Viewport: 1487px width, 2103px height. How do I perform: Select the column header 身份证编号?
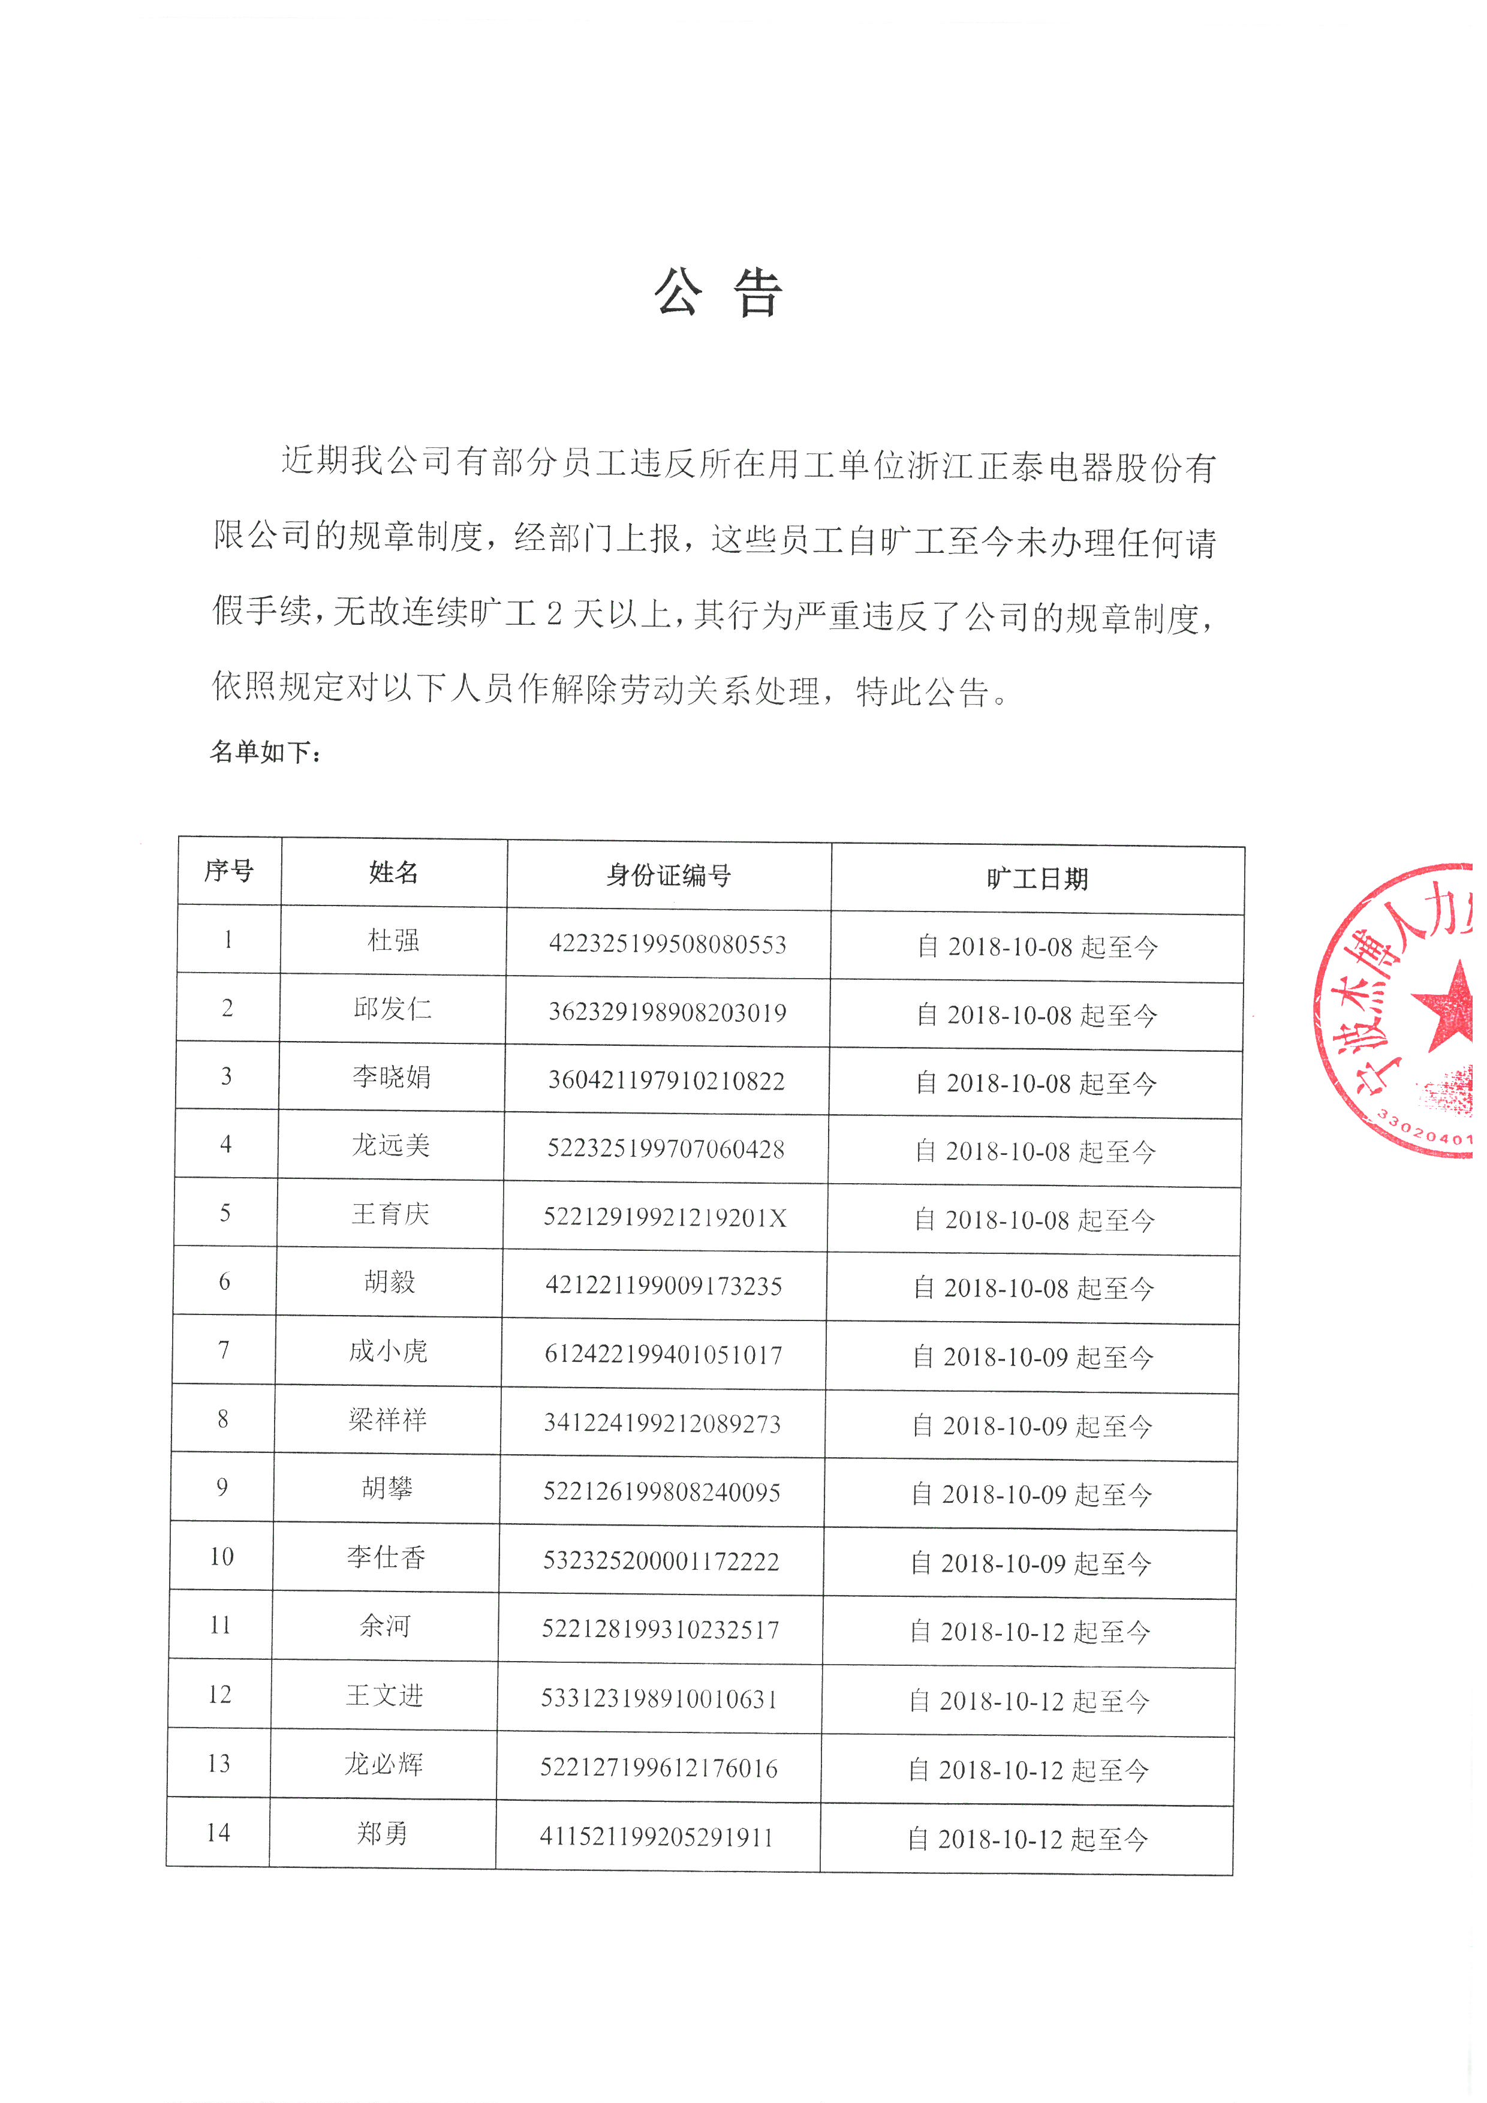coord(669,876)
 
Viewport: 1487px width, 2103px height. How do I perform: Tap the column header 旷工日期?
coord(1037,879)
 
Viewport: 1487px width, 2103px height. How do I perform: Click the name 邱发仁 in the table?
coord(392,1009)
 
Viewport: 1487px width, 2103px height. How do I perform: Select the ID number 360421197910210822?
coord(667,1081)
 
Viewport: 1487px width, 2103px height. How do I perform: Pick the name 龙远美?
coord(391,1145)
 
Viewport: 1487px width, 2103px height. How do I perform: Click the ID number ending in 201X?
coord(665,1217)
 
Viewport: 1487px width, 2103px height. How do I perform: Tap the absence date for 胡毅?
coord(1034,1289)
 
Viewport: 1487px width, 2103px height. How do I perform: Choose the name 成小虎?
coord(388,1351)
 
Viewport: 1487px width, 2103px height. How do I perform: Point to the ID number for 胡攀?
coord(662,1492)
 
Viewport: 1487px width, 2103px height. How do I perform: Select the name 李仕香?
coord(386,1557)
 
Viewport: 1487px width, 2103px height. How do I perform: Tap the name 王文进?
coord(384,1695)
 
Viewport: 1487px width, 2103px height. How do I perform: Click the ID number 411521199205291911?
coord(657,1837)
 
